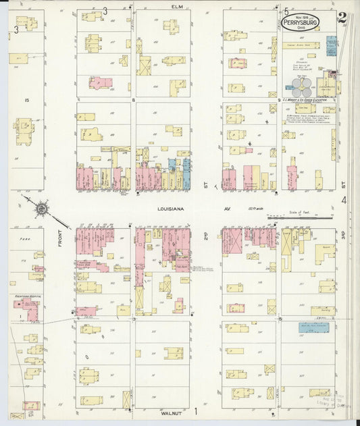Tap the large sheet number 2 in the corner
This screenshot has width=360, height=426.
pos(342,18)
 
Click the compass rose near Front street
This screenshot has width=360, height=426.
pos(42,209)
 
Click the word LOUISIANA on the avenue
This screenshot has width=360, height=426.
pos(172,210)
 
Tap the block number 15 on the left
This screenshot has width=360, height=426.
pos(26,101)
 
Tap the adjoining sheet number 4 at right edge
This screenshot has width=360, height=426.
pos(344,200)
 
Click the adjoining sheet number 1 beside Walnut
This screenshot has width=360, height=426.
pos(197,410)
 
